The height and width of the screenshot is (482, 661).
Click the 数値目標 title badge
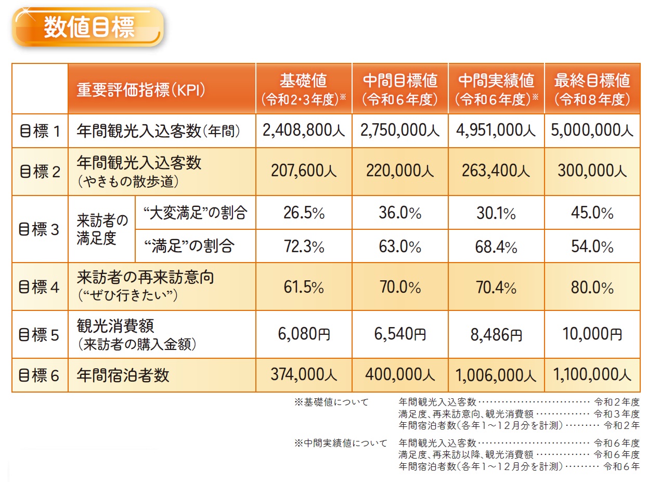(88, 27)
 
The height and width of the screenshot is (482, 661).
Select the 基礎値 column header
(304, 88)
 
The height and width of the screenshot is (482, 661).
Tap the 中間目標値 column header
(400, 88)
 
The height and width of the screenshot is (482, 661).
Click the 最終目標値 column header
(592, 88)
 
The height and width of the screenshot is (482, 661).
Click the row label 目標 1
(40, 131)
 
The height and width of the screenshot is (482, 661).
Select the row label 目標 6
(40, 375)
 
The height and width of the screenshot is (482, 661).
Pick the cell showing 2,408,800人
(304, 131)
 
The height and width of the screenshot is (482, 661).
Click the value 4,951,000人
(496, 131)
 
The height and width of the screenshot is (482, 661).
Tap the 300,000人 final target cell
(592, 171)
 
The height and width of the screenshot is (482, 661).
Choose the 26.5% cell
(304, 213)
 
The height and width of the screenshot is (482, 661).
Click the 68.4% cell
(496, 246)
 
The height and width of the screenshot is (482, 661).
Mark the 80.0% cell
(592, 288)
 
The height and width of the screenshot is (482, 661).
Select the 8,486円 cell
(496, 334)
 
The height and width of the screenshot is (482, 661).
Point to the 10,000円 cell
(592, 334)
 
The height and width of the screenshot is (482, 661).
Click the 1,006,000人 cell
(496, 375)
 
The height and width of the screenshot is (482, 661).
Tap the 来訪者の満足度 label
(101, 229)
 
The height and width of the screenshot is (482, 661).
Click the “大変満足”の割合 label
(195, 213)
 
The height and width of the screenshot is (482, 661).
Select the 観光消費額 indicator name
(115, 326)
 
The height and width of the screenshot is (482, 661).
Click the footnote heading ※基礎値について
(331, 402)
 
